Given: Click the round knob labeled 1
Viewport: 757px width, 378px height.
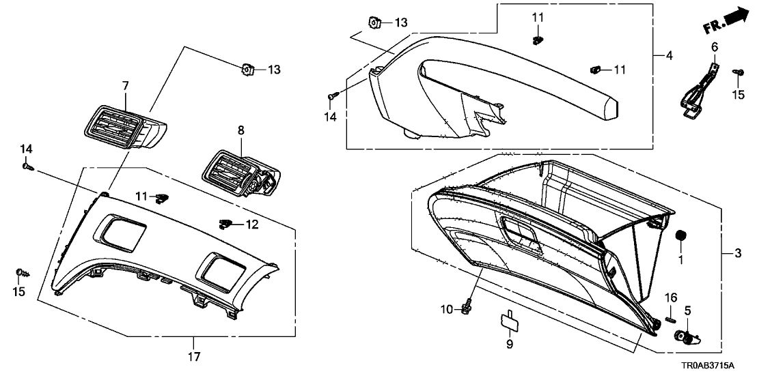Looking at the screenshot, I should [680, 236].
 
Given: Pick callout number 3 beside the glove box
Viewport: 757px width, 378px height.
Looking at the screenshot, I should [737, 254].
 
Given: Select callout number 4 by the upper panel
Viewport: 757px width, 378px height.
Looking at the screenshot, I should [670, 55].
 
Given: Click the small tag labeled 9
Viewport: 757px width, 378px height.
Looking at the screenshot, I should [506, 319].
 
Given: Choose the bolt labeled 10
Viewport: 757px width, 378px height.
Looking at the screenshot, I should [465, 308].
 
